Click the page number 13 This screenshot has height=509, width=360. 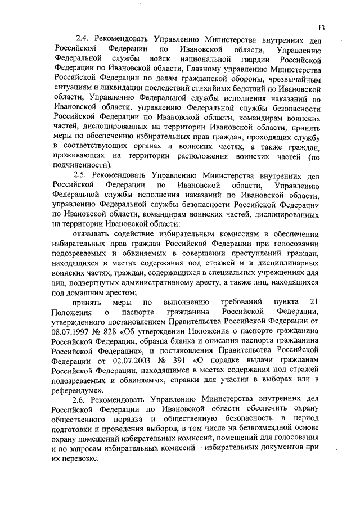pyautogui.click(x=322, y=29)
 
